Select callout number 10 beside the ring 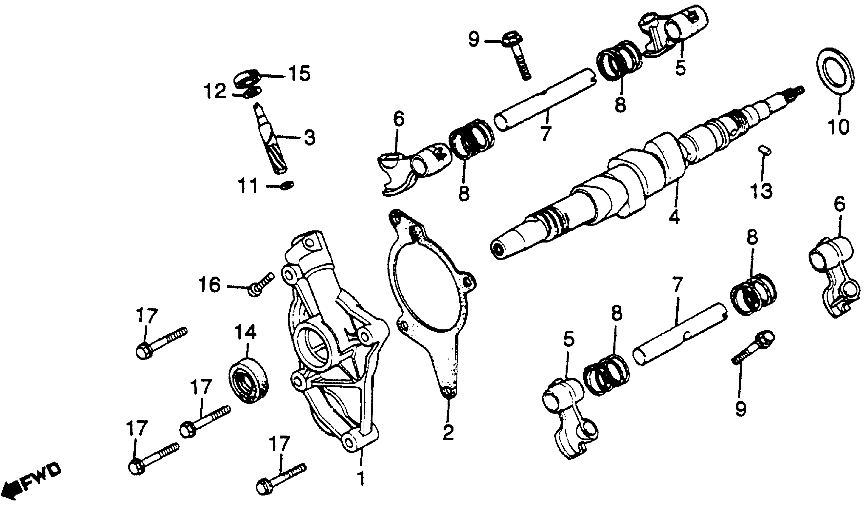pyautogui.click(x=839, y=126)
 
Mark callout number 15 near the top pyautogui.click(x=298, y=74)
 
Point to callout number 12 pyautogui.click(x=215, y=92)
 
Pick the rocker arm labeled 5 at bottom pyautogui.click(x=569, y=418)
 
